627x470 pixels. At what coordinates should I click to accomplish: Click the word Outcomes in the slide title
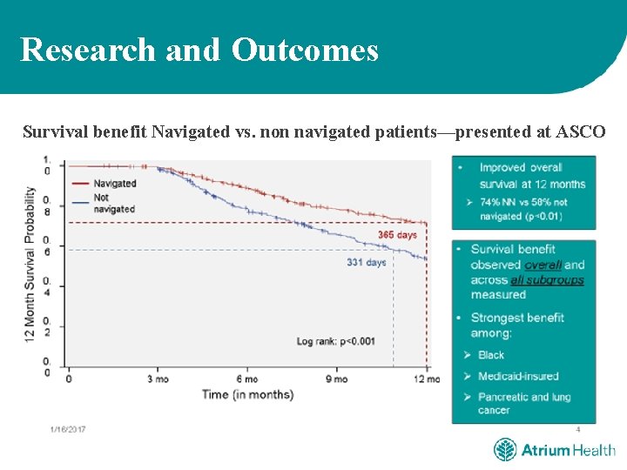(305, 50)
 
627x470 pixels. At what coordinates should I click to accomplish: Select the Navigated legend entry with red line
(114, 184)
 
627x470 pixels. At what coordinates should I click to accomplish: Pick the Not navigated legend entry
(113, 203)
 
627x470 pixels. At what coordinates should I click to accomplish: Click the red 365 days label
(397, 235)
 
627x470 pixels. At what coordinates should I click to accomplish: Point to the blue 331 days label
(366, 262)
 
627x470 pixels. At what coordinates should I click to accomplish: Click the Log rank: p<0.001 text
(335, 341)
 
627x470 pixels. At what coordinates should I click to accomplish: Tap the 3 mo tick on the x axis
(158, 379)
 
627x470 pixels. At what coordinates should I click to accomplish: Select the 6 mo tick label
(246, 379)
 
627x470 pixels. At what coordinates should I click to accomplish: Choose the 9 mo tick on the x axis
(337, 379)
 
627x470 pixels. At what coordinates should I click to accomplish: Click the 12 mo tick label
(426, 379)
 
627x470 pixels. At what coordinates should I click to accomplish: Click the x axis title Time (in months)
(248, 394)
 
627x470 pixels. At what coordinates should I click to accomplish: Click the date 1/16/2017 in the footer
(68, 429)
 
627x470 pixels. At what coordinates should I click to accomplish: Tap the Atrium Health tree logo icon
(505, 450)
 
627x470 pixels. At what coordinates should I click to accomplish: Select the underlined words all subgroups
(547, 280)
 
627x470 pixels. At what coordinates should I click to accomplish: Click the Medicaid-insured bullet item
(517, 376)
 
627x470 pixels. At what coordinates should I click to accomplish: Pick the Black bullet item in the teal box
(491, 355)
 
